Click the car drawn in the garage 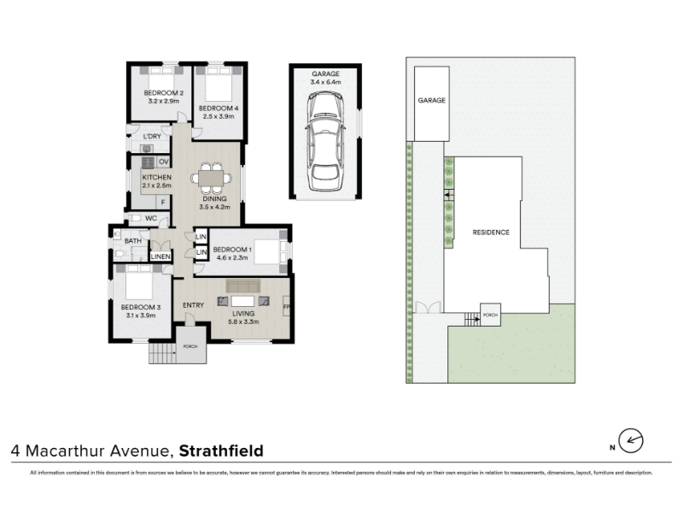[x=325, y=142]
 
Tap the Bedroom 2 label [x=164, y=93]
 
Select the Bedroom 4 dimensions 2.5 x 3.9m [x=219, y=116]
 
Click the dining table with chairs [x=211, y=178]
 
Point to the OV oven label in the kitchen [x=164, y=162]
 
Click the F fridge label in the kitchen [x=163, y=203]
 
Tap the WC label [x=151, y=218]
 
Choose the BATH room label [x=133, y=241]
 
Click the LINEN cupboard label [x=161, y=256]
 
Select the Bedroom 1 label [x=232, y=250]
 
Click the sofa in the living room [x=243, y=286]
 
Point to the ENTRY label [x=194, y=305]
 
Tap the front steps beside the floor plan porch [x=162, y=353]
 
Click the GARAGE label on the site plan [x=432, y=100]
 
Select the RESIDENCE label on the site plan [x=491, y=233]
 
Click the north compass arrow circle [x=631, y=440]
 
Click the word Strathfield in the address [x=221, y=451]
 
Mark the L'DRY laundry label [x=152, y=137]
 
